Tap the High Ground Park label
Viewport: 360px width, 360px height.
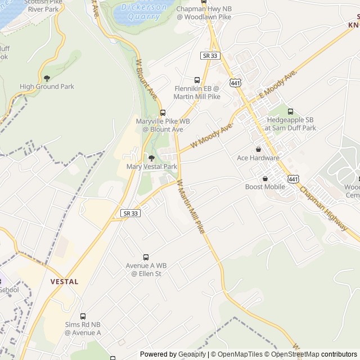click(47, 87)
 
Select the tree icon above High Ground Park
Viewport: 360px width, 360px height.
click(47, 78)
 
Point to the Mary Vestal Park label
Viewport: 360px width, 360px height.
click(152, 166)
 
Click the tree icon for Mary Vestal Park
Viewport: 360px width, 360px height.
click(151, 158)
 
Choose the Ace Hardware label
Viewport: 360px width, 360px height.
click(258, 158)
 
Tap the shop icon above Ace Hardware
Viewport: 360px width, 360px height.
click(258, 149)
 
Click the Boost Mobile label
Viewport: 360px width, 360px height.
click(265, 187)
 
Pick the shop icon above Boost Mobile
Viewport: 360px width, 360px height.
click(265, 178)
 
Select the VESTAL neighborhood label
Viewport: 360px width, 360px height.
click(64, 281)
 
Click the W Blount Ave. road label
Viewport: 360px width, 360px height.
click(146, 76)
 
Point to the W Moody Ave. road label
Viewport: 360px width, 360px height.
click(211, 137)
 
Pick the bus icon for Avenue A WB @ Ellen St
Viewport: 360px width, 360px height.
click(146, 257)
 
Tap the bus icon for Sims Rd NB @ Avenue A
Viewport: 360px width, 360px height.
click(83, 317)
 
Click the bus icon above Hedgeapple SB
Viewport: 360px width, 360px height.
click(290, 111)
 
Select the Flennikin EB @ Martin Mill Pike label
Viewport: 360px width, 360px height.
click(197, 93)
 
